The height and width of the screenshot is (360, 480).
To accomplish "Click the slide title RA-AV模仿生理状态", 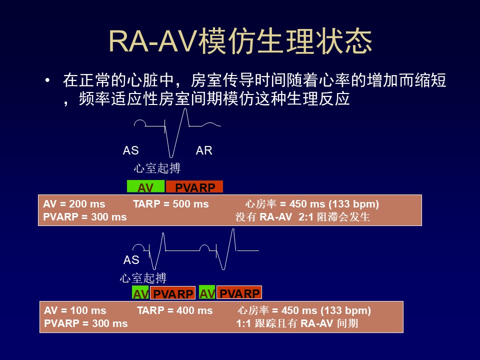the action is (240, 41).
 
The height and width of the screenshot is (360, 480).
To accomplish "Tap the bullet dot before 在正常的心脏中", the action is (47, 80).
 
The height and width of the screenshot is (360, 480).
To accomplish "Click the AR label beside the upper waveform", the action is (204, 150).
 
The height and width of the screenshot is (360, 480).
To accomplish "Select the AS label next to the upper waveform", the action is (130, 150).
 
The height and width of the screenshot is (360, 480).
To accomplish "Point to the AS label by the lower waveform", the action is (131, 260).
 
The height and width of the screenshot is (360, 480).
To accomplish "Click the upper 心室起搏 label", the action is (157, 168).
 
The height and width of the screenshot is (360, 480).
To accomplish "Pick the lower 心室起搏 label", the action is (143, 278).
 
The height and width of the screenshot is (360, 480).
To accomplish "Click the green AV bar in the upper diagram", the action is (145, 186).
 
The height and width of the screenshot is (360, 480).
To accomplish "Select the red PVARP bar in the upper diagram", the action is (194, 186).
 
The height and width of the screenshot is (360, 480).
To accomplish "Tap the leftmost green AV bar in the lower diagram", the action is (140, 292).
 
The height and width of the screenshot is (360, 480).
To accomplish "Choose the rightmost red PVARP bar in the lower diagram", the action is (239, 292).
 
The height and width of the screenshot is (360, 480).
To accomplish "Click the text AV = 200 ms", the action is (74, 204).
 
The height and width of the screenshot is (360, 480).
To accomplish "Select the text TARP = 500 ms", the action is (171, 204).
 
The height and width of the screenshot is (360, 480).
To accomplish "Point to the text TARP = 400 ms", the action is (175, 310).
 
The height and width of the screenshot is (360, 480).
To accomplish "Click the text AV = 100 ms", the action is (75, 310).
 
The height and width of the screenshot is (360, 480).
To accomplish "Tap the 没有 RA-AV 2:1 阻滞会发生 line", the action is (303, 217).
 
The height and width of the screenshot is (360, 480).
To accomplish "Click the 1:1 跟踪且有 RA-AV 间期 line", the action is (297, 323).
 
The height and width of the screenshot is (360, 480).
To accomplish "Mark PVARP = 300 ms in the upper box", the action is (85, 217).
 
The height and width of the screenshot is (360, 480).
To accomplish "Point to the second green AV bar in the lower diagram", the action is (207, 292).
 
